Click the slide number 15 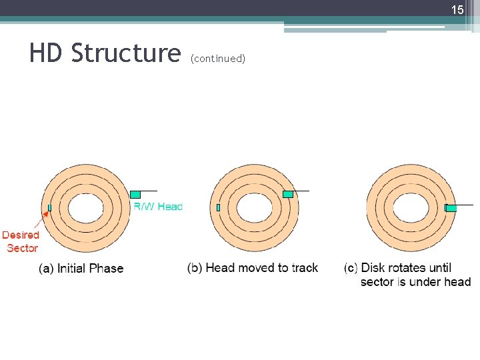pyautogui.click(x=457, y=10)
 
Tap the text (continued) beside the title pyautogui.click(x=218, y=59)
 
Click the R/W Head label pyautogui.click(x=158, y=207)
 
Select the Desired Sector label pyautogui.click(x=21, y=241)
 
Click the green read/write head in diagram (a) pyautogui.click(x=135, y=194)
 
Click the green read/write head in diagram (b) pyautogui.click(x=288, y=194)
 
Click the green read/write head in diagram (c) pyautogui.click(x=451, y=208)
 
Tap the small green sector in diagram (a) pyautogui.click(x=49, y=208)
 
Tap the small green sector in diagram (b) pyautogui.click(x=218, y=208)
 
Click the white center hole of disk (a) pyautogui.click(x=85, y=208)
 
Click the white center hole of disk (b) pyautogui.click(x=254, y=208)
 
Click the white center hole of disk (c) pyautogui.click(x=411, y=208)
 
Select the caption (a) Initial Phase pyautogui.click(x=81, y=269)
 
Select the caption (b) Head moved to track pyautogui.click(x=253, y=268)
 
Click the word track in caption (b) pyautogui.click(x=305, y=268)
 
